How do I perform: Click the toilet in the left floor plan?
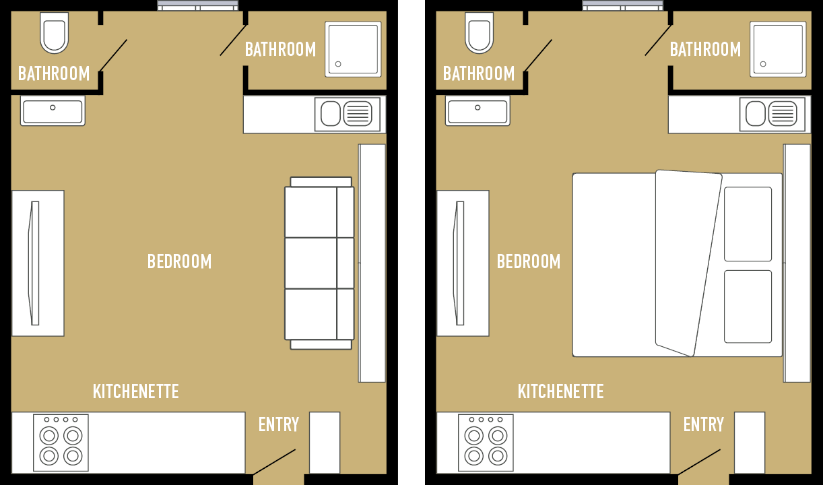click(55, 33)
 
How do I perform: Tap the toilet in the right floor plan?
click(479, 33)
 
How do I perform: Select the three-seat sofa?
click(319, 263)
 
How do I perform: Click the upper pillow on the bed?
click(748, 224)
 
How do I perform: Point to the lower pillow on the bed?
click(748, 306)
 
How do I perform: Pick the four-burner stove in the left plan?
click(61, 443)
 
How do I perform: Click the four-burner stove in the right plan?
click(486, 443)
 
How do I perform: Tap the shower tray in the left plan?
click(353, 49)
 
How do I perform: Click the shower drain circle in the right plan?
click(763, 64)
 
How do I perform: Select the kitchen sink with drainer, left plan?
click(348, 114)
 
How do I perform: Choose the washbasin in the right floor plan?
click(478, 111)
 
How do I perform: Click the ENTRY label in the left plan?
click(279, 425)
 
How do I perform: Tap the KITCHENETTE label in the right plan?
click(560, 391)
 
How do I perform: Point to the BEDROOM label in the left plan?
click(179, 261)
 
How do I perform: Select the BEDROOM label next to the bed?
click(529, 261)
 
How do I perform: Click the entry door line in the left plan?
click(274, 462)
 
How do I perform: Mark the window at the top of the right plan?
click(623, 5)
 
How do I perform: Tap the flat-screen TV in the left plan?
click(34, 263)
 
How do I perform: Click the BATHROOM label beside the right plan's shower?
click(705, 50)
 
